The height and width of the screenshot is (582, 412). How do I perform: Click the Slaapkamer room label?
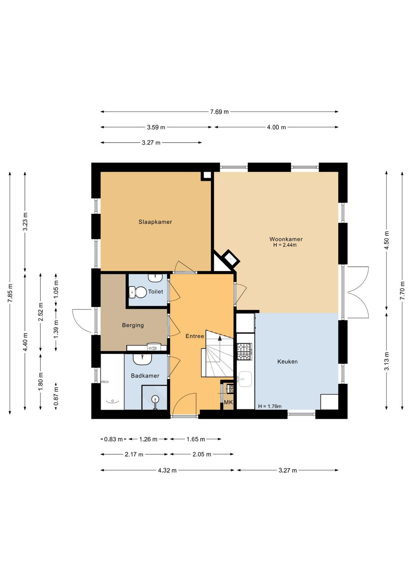[x=155, y=222]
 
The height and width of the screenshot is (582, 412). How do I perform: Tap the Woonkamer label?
[x=286, y=239]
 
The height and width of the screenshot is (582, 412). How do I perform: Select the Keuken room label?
[x=287, y=362]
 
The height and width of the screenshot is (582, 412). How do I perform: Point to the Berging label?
[x=133, y=325]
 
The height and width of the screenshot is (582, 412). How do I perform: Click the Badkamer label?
[x=145, y=376]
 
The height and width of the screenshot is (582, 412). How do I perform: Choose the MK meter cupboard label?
[x=229, y=402]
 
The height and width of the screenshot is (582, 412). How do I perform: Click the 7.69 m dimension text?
[x=219, y=112]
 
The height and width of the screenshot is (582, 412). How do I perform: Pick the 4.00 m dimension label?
[x=276, y=127]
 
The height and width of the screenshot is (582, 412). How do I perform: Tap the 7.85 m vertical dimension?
[x=10, y=293]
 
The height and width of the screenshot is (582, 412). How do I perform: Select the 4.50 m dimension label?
[x=387, y=240]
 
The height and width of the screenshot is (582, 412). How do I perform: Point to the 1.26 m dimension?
[x=148, y=439]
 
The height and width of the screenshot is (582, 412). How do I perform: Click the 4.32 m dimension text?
[x=167, y=471]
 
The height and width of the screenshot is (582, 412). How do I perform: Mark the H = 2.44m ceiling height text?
[x=285, y=245]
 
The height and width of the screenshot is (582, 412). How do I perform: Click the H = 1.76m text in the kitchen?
[x=270, y=407]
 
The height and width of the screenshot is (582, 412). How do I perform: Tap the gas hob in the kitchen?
[x=245, y=351]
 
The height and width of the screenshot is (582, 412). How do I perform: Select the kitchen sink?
[x=244, y=379]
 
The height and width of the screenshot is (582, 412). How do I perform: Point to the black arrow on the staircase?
[x=220, y=338]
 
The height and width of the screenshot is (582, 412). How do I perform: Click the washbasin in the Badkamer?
[x=142, y=359]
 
